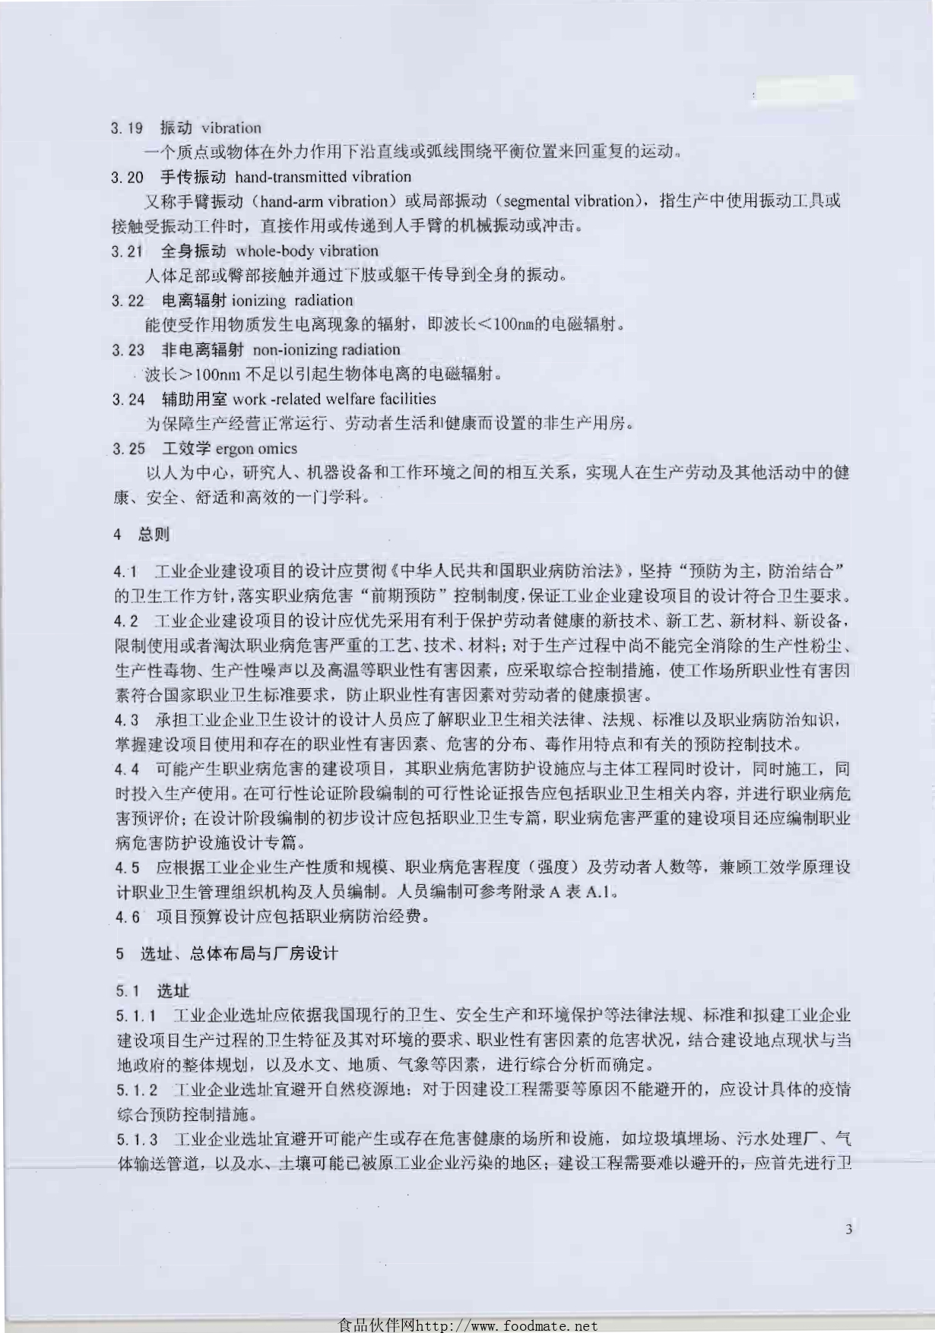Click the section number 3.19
click(x=126, y=128)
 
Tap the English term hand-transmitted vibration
click(x=323, y=177)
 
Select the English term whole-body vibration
click(x=307, y=251)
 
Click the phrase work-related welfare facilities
click(x=334, y=399)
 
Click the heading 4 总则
click(x=141, y=535)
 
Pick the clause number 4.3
click(x=127, y=719)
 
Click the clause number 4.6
click(x=128, y=917)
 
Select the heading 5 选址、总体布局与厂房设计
click(x=227, y=953)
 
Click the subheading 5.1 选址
click(x=153, y=990)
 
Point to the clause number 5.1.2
click(x=137, y=1091)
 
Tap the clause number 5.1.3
click(x=137, y=1139)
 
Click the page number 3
click(x=848, y=1229)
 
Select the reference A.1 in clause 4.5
click(x=597, y=892)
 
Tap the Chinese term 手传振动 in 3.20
click(x=193, y=177)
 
